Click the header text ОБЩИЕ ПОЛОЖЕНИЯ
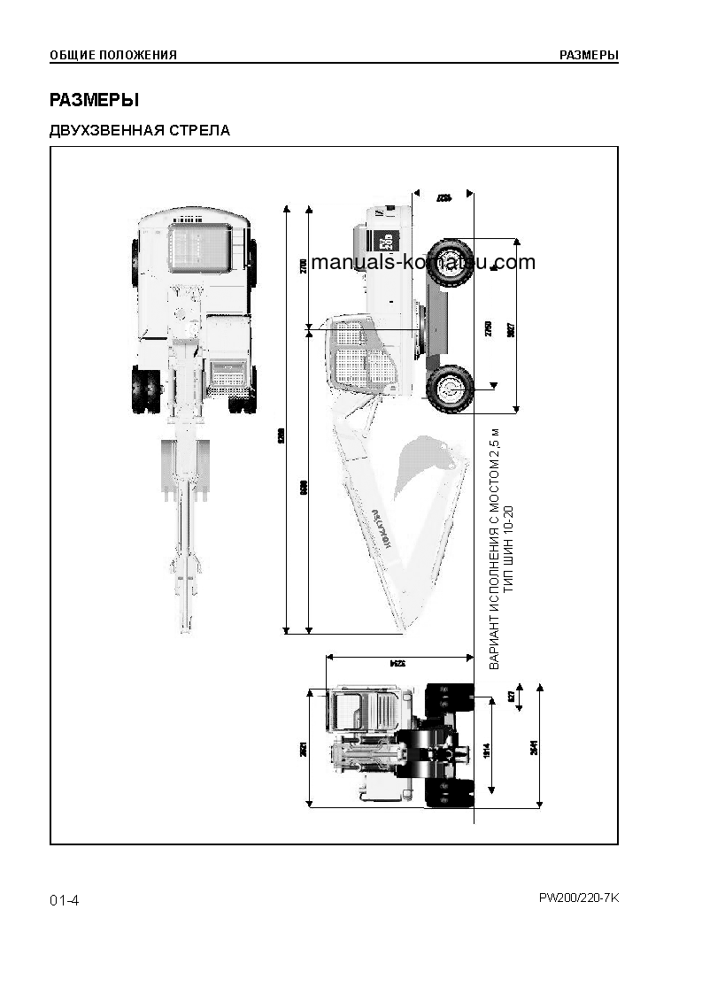click(x=113, y=55)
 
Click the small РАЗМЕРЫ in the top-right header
click(x=589, y=55)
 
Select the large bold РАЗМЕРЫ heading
click(x=95, y=100)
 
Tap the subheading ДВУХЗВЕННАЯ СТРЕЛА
click(x=140, y=131)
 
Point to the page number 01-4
click(x=65, y=900)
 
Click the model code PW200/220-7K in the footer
click(x=579, y=898)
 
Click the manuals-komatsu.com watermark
click(x=424, y=262)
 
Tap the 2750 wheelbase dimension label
click(x=488, y=327)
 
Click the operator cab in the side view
click(x=359, y=354)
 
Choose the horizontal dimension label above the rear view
click(x=397, y=662)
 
